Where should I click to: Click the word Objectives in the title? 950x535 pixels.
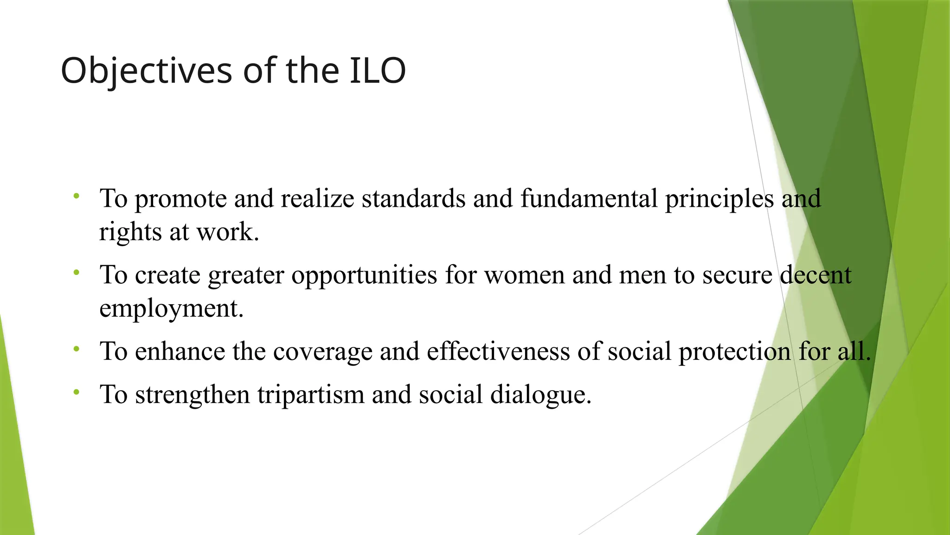(x=146, y=71)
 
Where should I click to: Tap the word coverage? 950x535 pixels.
(x=322, y=352)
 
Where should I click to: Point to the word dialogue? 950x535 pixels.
(x=540, y=395)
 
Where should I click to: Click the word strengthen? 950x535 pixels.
(x=193, y=395)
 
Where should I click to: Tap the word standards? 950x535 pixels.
(x=413, y=198)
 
